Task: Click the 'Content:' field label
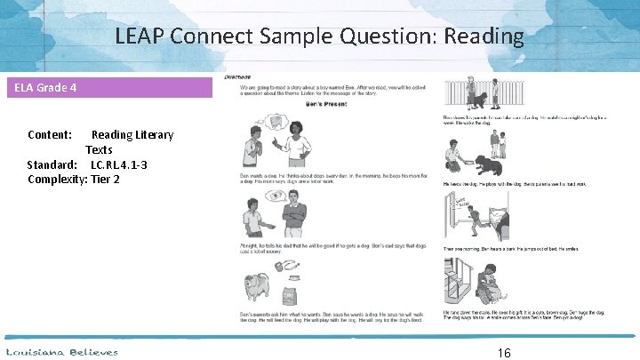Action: (50, 135)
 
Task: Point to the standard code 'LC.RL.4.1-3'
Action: (119, 164)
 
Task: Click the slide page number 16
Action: (504, 353)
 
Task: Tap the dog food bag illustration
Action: (287, 294)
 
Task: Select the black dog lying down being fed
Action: (490, 166)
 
